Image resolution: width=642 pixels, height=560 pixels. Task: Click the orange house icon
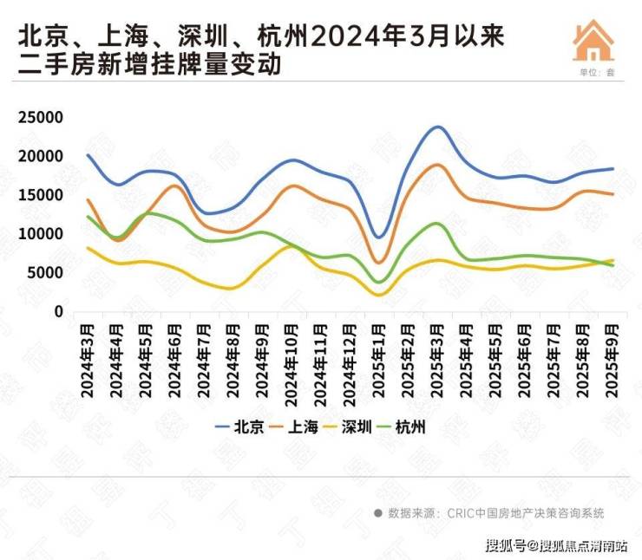pyautogui.click(x=594, y=42)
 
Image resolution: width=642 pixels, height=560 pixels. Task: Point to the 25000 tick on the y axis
pyautogui.click(x=41, y=118)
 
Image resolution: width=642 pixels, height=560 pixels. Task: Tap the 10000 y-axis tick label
pyautogui.click(x=41, y=234)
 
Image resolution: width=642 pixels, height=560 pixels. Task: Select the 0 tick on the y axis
pyautogui.click(x=58, y=311)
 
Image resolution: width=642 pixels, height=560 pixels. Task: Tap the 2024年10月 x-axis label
pyautogui.click(x=292, y=360)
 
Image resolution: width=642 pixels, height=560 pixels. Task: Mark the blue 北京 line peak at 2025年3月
pyautogui.click(x=437, y=127)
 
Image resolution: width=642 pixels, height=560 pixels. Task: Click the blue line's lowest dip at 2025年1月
pyautogui.click(x=378, y=237)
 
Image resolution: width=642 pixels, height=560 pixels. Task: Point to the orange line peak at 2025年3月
pyautogui.click(x=437, y=165)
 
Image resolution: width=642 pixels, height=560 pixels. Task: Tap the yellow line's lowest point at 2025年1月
pyautogui.click(x=379, y=295)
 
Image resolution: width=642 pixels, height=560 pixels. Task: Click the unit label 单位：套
pyautogui.click(x=597, y=73)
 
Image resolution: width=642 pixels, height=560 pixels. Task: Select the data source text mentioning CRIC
pyautogui.click(x=489, y=513)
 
